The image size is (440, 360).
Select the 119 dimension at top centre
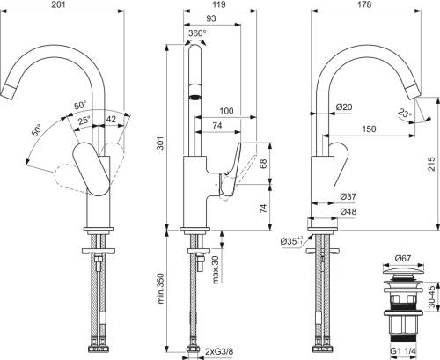pyautogui.click(x=219, y=4)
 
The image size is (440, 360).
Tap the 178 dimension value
pyautogui.click(x=365, y=4)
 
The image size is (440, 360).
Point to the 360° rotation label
pyautogui.click(x=197, y=33)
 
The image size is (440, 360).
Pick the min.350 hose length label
pyautogui.click(x=160, y=289)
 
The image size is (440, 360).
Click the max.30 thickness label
pyautogui.click(x=216, y=270)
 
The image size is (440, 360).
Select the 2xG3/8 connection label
pyautogui.click(x=219, y=351)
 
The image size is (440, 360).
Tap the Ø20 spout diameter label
pyautogui.click(x=344, y=107)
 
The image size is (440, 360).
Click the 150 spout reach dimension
pyautogui.click(x=369, y=129)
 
